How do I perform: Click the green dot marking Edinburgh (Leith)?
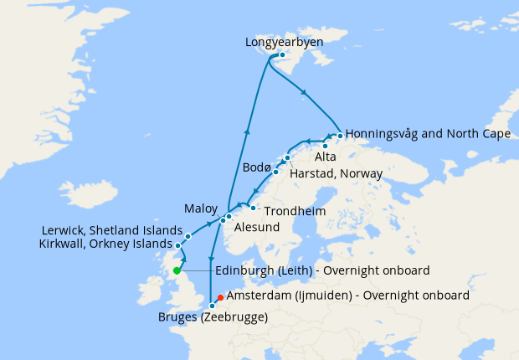pos(177,270)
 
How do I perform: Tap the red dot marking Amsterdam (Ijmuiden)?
pos(220,296)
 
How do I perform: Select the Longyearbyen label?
pos(285,41)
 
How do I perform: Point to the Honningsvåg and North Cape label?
pos(428,133)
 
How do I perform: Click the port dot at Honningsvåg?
pos(339,135)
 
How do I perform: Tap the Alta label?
pos(326,157)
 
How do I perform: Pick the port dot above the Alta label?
pos(325,146)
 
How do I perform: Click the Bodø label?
pos(257,167)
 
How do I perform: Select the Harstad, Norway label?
pos(336,173)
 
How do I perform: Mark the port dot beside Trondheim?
pos(253,208)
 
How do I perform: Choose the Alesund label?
pos(257,225)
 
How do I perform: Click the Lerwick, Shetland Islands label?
pos(111,230)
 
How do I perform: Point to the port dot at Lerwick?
pos(188,236)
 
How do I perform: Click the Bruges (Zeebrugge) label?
pos(213,317)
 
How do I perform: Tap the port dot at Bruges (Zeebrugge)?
pos(213,306)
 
